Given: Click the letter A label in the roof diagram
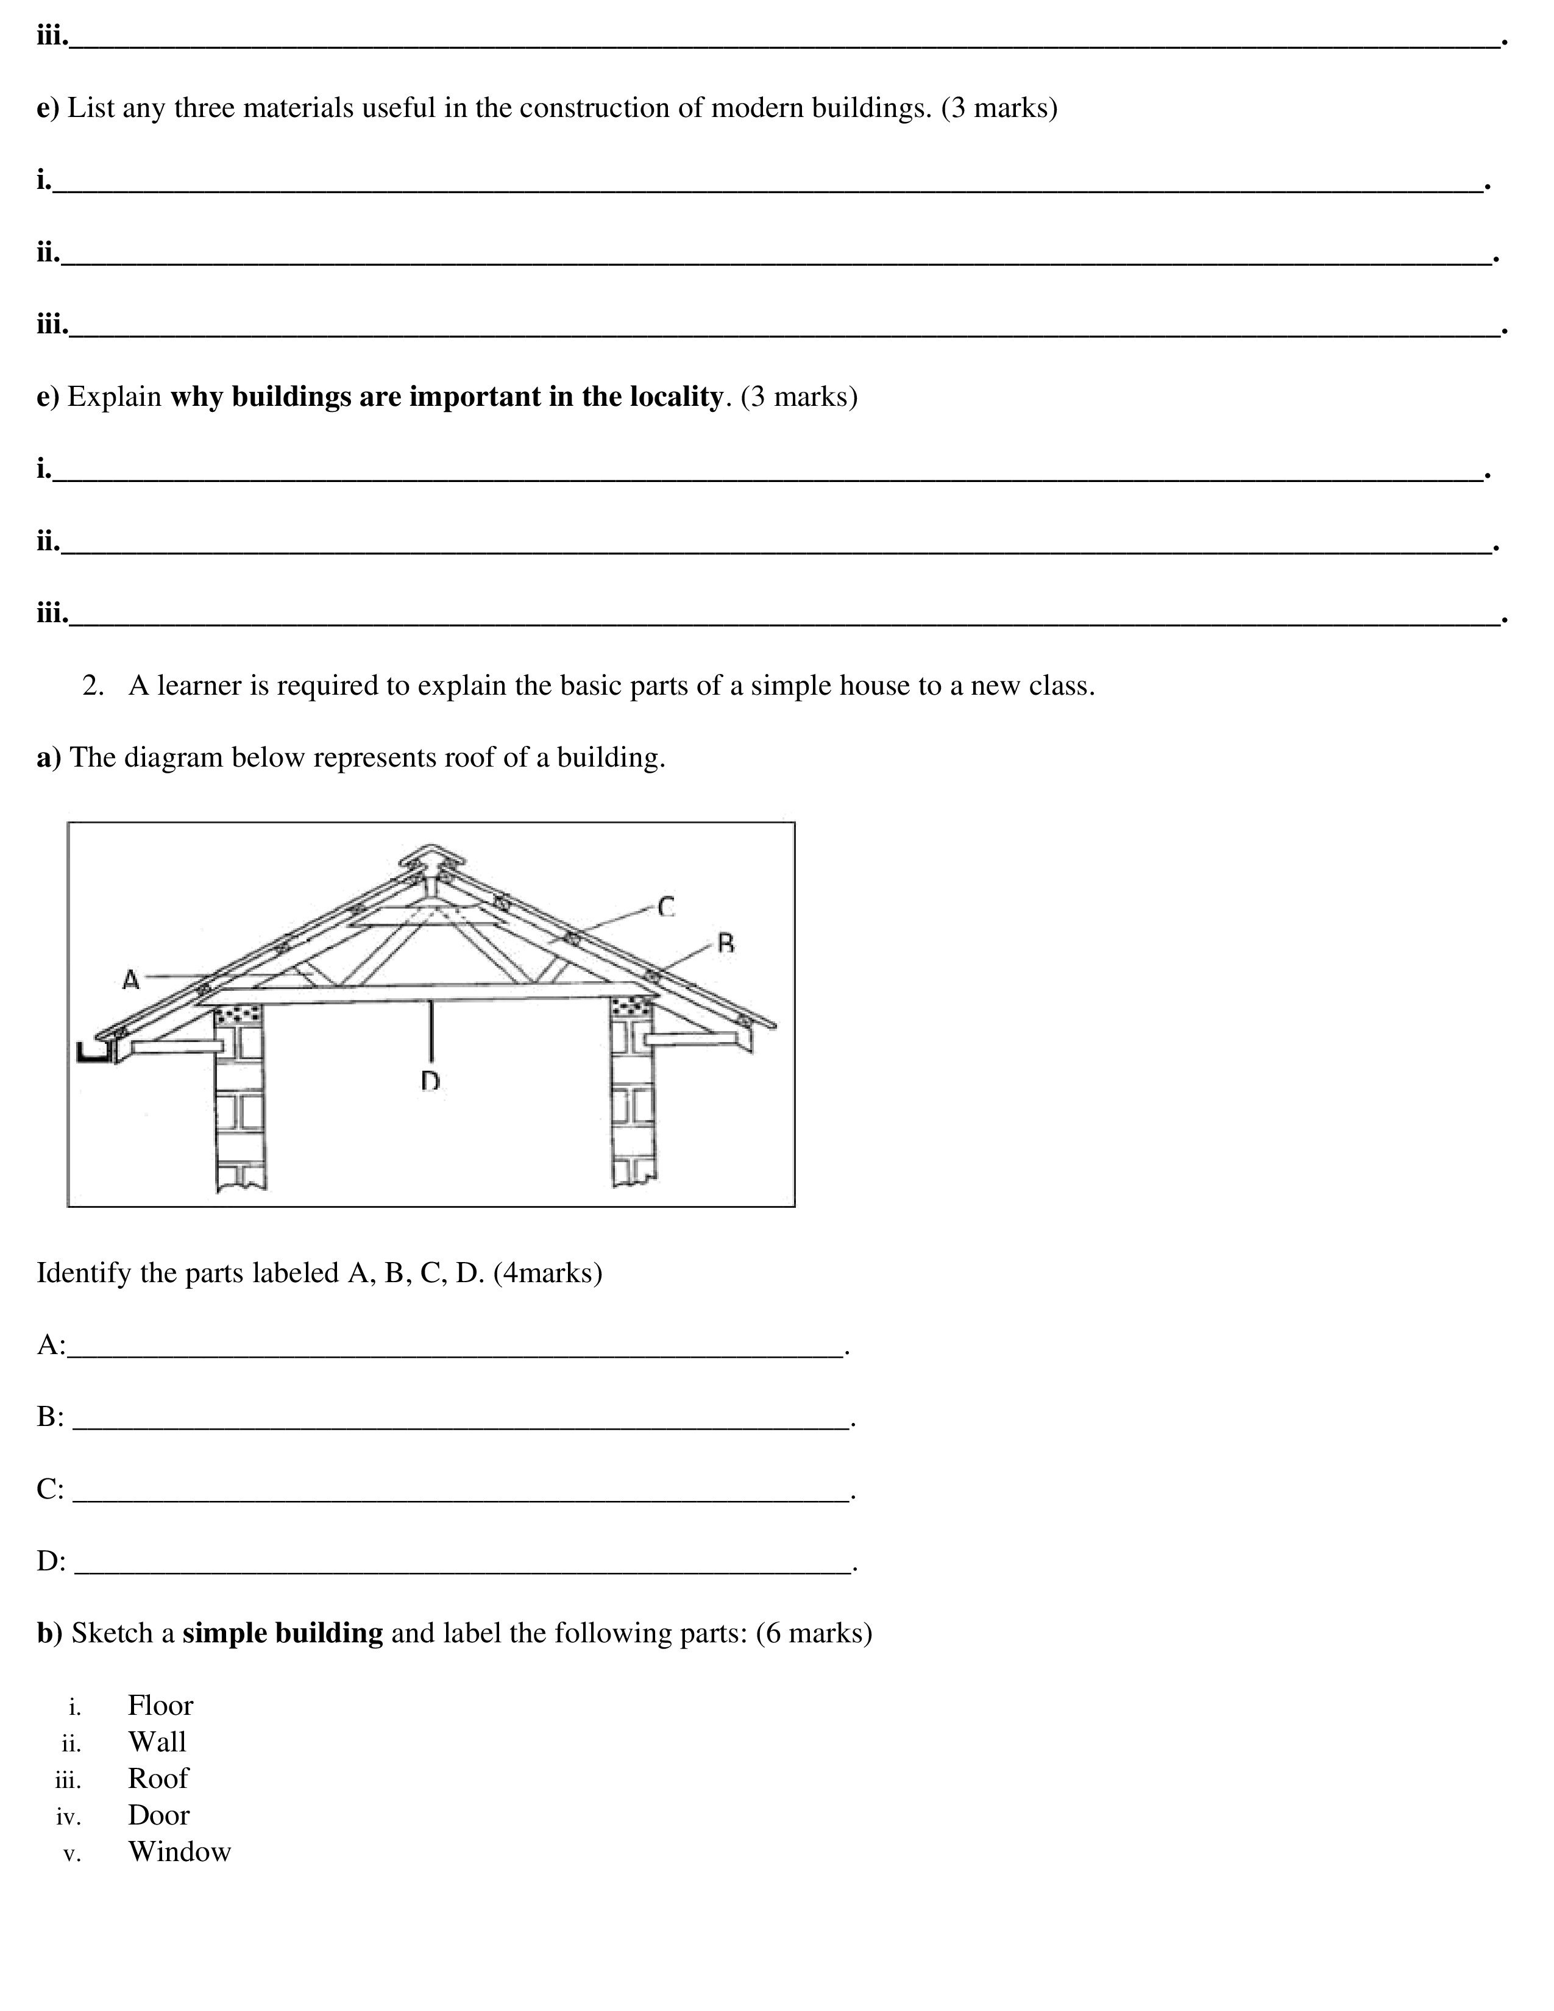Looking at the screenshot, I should [131, 980].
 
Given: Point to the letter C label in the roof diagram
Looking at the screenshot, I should [667, 907].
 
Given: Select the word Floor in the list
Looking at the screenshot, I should [160, 1705].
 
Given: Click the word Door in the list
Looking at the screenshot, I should [158, 1815].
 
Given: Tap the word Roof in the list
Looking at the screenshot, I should [157, 1778].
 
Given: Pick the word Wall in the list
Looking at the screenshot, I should [157, 1742].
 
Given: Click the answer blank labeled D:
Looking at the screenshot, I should [460, 1562].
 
